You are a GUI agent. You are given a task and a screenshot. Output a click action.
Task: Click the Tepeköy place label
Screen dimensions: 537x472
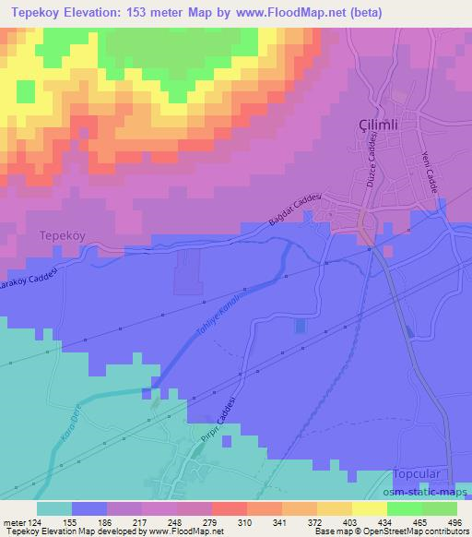coord(64,235)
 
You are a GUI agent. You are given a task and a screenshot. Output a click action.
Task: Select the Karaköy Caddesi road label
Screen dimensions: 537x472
coord(28,280)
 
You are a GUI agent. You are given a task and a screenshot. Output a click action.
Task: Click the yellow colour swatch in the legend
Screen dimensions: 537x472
coord(368,508)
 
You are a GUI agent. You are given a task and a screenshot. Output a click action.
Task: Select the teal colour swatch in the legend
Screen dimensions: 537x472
coord(54,508)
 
